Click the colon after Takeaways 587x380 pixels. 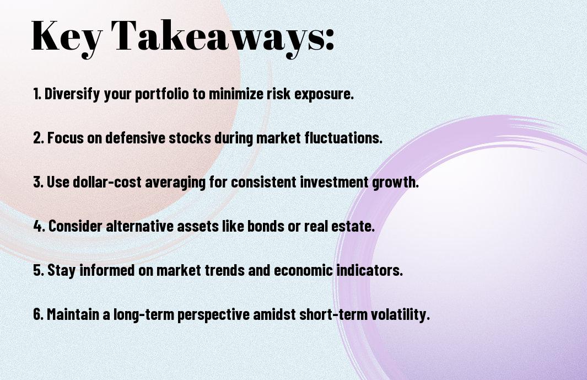330,39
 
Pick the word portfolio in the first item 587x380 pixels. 161,94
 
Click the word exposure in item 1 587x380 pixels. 324,94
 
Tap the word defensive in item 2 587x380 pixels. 135,137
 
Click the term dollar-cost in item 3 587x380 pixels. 107,182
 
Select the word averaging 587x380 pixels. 175,183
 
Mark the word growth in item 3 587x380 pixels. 395,183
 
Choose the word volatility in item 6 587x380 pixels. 400,314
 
